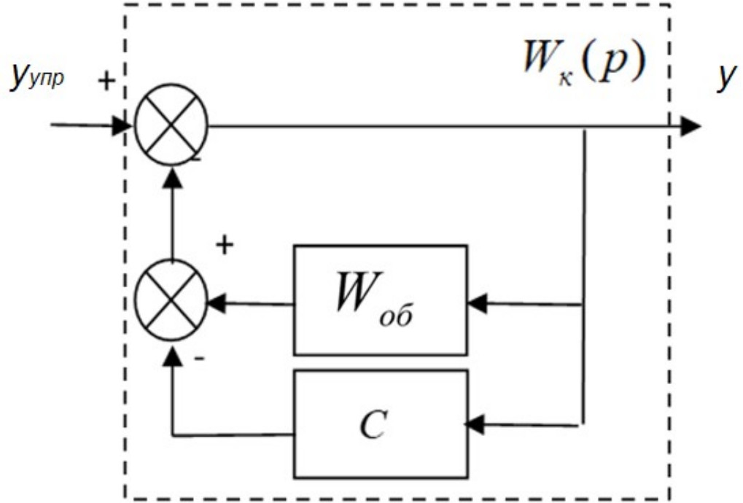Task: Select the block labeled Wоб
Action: [379, 300]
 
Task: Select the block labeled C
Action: [379, 423]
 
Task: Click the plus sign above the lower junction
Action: [226, 245]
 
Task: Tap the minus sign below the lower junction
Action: [198, 359]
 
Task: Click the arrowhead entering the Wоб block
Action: [476, 303]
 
